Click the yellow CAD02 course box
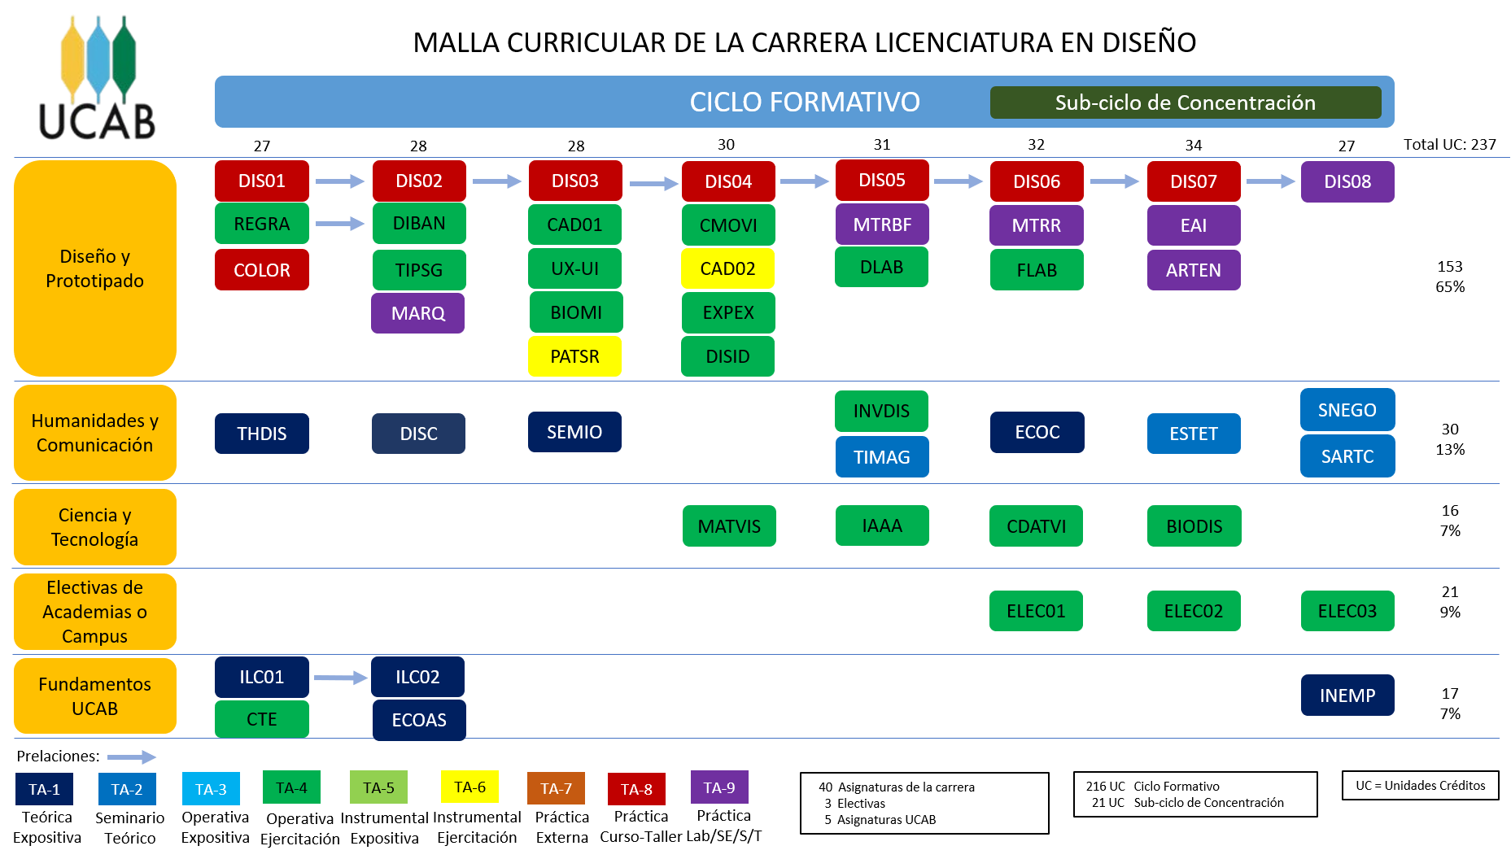pos(727,268)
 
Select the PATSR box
pos(574,356)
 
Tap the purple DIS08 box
pos(1347,181)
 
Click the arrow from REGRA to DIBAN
pos(340,223)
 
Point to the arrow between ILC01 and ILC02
pos(340,678)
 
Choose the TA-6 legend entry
pos(469,787)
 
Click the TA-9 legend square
pos(719,787)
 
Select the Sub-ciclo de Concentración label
pos(1185,102)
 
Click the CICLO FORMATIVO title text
pos(804,102)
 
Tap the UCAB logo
pos(98,77)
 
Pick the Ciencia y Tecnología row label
pos(94,527)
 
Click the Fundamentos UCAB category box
pos(94,696)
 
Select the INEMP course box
pos(1347,695)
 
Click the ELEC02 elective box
pos(1193,611)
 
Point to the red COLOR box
pos(261,270)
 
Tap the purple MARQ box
pos(417,313)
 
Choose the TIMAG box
pos(881,457)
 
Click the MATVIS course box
pos(729,526)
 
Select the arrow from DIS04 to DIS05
pos(804,181)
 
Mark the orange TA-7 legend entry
pos(556,788)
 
